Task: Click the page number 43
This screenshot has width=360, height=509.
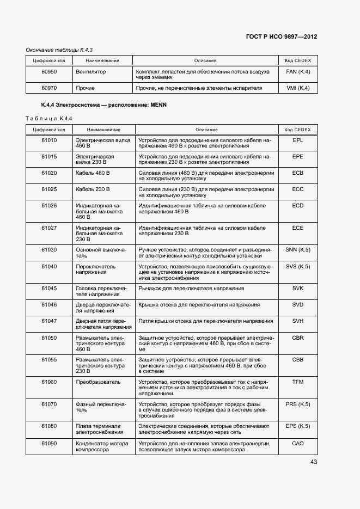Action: coord(314,462)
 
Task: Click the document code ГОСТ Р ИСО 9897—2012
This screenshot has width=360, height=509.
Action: coord(282,36)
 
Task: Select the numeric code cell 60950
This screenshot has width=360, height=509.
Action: coord(49,71)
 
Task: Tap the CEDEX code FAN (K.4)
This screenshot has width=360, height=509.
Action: coord(297,71)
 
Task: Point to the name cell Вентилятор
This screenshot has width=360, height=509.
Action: coord(91,71)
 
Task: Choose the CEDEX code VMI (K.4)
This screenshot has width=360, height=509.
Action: coord(297,88)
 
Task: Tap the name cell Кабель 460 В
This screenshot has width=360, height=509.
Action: coord(93,173)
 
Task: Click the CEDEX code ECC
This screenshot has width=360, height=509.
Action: coord(297,189)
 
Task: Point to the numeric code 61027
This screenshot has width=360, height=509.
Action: coord(49,228)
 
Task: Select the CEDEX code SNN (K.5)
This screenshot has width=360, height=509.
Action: coord(297,249)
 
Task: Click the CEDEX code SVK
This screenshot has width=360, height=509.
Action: coord(297,288)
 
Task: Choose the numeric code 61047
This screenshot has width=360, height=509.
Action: coord(49,321)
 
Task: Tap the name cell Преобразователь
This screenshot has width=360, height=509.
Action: coord(98,382)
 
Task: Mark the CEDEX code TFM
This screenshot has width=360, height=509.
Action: coord(297,382)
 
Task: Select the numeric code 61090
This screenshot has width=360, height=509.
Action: coord(49,443)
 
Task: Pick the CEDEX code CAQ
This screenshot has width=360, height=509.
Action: coord(297,443)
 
